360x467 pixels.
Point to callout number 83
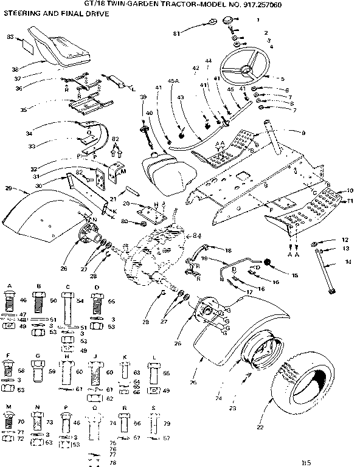click(10, 37)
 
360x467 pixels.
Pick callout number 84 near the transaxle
click(196, 236)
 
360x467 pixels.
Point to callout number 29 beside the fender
click(9, 189)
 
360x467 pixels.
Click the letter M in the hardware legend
click(9, 405)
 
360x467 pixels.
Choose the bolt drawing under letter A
click(10, 302)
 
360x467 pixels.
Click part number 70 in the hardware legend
click(21, 420)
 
